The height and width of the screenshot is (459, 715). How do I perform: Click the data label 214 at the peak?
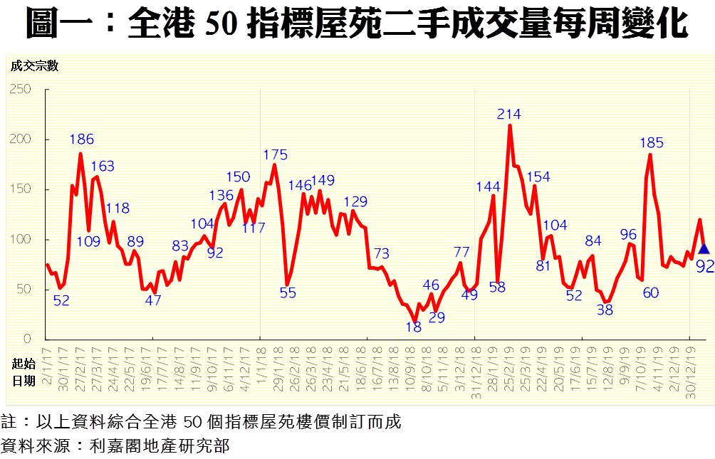coord(510,114)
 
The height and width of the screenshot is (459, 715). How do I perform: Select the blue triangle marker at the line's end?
coord(704,248)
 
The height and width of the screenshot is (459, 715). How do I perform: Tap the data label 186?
coord(82,139)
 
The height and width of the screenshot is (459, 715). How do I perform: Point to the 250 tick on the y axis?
coord(21,90)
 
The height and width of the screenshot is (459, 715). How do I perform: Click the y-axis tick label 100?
coord(21,239)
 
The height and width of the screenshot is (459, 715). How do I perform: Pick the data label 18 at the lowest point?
coord(414,327)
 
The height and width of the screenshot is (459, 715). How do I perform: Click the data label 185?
coord(652,143)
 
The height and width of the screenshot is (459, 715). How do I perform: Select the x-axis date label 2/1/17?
coord(47,366)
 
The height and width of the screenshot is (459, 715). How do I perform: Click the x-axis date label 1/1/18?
coord(261,366)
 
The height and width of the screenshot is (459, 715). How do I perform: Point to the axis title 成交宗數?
coord(34,66)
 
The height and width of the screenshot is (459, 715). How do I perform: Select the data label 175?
coord(275,154)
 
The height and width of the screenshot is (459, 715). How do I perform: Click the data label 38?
coord(605,310)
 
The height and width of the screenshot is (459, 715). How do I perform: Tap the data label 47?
coord(153,300)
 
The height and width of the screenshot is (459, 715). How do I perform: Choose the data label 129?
coord(356,201)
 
